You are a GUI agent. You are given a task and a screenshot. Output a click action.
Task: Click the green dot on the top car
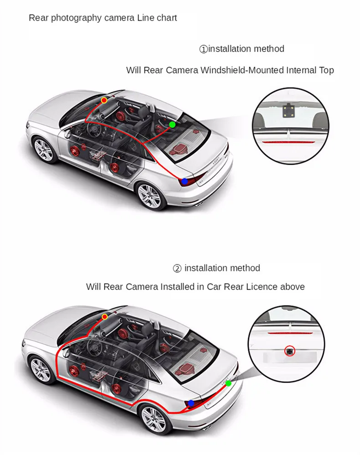coord(172,124)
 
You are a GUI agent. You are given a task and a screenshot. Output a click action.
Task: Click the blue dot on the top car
coord(184,181)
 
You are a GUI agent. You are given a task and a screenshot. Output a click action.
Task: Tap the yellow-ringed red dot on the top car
coord(104,100)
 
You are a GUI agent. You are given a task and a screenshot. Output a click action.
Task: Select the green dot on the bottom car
coord(228,383)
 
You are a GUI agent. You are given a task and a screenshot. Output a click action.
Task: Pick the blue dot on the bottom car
coord(191,403)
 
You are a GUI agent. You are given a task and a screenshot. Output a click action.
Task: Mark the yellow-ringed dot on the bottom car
coord(105,316)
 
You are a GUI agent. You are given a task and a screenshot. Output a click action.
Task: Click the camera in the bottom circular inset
coord(289,351)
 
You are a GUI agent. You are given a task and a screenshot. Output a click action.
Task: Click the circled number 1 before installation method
coord(203,49)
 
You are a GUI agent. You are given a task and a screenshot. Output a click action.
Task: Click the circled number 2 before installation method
coord(177,269)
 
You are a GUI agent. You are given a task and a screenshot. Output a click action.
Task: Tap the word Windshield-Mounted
coord(242,70)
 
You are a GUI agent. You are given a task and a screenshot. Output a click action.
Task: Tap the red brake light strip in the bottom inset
coord(290,333)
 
